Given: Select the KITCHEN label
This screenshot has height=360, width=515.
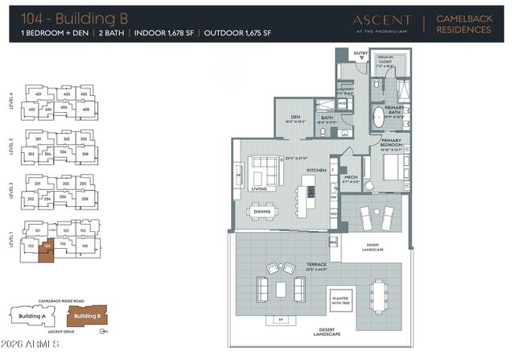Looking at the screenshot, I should pos(315,170).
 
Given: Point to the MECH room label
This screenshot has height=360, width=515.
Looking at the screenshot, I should pos(351,176).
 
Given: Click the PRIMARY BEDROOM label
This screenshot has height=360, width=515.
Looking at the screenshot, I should pos(392,143).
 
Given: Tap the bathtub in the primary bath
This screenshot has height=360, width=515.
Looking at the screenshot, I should pos(379,117).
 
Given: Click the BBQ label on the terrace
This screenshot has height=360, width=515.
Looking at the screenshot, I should pos(334,240).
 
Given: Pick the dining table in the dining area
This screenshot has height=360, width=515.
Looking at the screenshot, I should pos(262,211).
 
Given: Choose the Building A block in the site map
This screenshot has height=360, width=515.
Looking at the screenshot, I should pos(33,317).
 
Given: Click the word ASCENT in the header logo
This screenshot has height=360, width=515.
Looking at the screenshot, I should pos(381,20).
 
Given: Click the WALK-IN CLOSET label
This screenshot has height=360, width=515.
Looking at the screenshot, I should pos(390,59).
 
